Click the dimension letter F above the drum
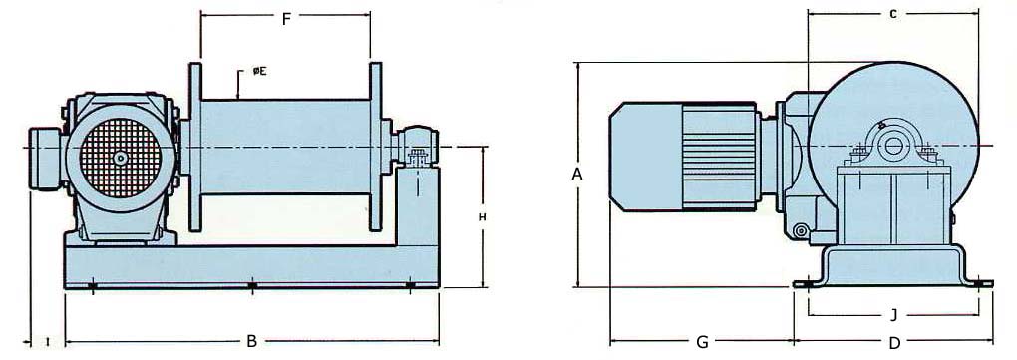pyautogui.click(x=285, y=19)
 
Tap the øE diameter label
pyautogui.click(x=258, y=71)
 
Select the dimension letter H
pyautogui.click(x=483, y=216)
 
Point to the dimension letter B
pyautogui.click(x=251, y=341)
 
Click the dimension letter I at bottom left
pyautogui.click(x=48, y=342)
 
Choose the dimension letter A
pyautogui.click(x=576, y=174)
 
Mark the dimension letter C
pyautogui.click(x=893, y=14)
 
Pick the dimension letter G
pyautogui.click(x=702, y=342)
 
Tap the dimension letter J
pyautogui.click(x=893, y=316)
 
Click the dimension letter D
pyautogui.click(x=894, y=342)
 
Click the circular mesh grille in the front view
pyautogui.click(x=120, y=157)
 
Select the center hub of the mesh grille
pyautogui.click(x=120, y=157)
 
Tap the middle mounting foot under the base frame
pyautogui.click(x=251, y=287)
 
